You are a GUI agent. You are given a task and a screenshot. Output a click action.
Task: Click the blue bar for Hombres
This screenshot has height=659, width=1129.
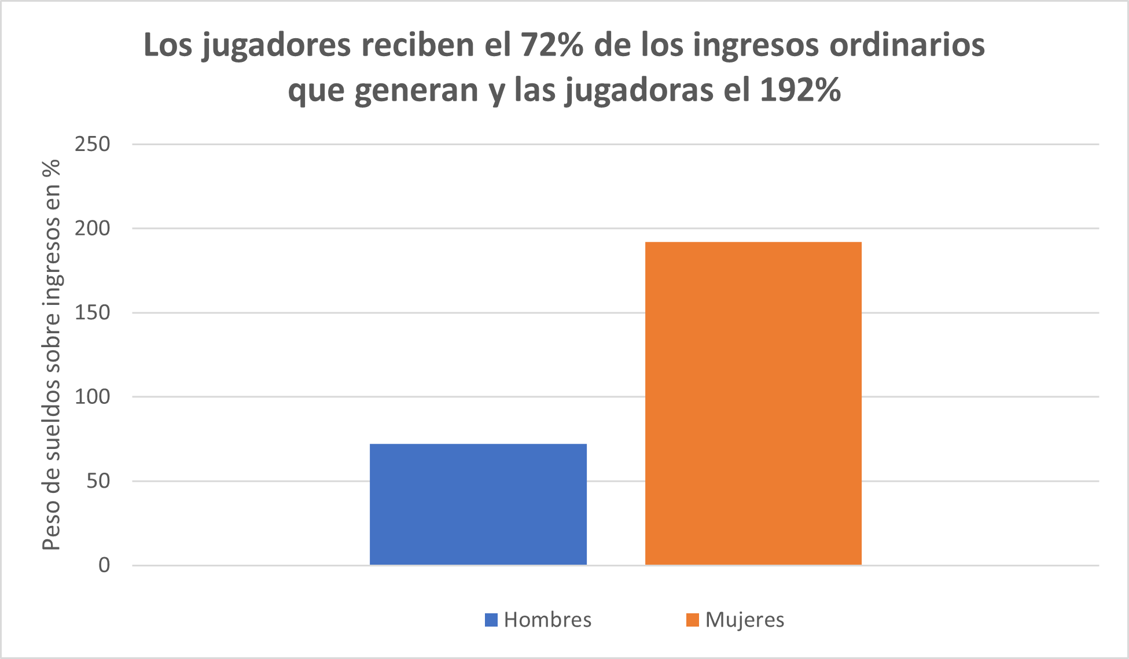478,504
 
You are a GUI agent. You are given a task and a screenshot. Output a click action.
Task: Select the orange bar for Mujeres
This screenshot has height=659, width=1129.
753,403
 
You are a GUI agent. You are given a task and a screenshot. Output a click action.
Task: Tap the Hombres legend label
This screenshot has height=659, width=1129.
547,620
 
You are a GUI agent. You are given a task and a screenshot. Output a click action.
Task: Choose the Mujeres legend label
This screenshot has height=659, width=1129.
745,620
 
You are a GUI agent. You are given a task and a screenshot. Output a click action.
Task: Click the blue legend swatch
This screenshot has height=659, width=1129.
491,620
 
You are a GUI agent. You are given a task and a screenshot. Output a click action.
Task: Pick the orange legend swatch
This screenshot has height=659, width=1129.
692,620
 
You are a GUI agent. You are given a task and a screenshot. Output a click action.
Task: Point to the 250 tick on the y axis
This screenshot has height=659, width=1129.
92,144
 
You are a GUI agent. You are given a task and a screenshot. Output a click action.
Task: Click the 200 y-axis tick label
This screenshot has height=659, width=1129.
92,229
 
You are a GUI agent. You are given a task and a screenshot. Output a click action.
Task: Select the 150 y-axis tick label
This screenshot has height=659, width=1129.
92,312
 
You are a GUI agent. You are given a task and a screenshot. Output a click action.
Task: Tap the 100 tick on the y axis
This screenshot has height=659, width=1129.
92,397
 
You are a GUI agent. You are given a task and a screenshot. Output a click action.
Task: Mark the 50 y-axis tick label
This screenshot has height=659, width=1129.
98,481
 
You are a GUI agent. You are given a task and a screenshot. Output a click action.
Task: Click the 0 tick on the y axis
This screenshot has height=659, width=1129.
104,565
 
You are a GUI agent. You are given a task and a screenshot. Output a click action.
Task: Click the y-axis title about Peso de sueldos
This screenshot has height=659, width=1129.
52,355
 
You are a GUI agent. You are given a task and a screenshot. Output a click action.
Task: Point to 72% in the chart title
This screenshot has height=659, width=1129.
551,45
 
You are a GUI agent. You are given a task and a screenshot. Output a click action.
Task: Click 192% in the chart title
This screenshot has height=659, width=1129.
800,90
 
